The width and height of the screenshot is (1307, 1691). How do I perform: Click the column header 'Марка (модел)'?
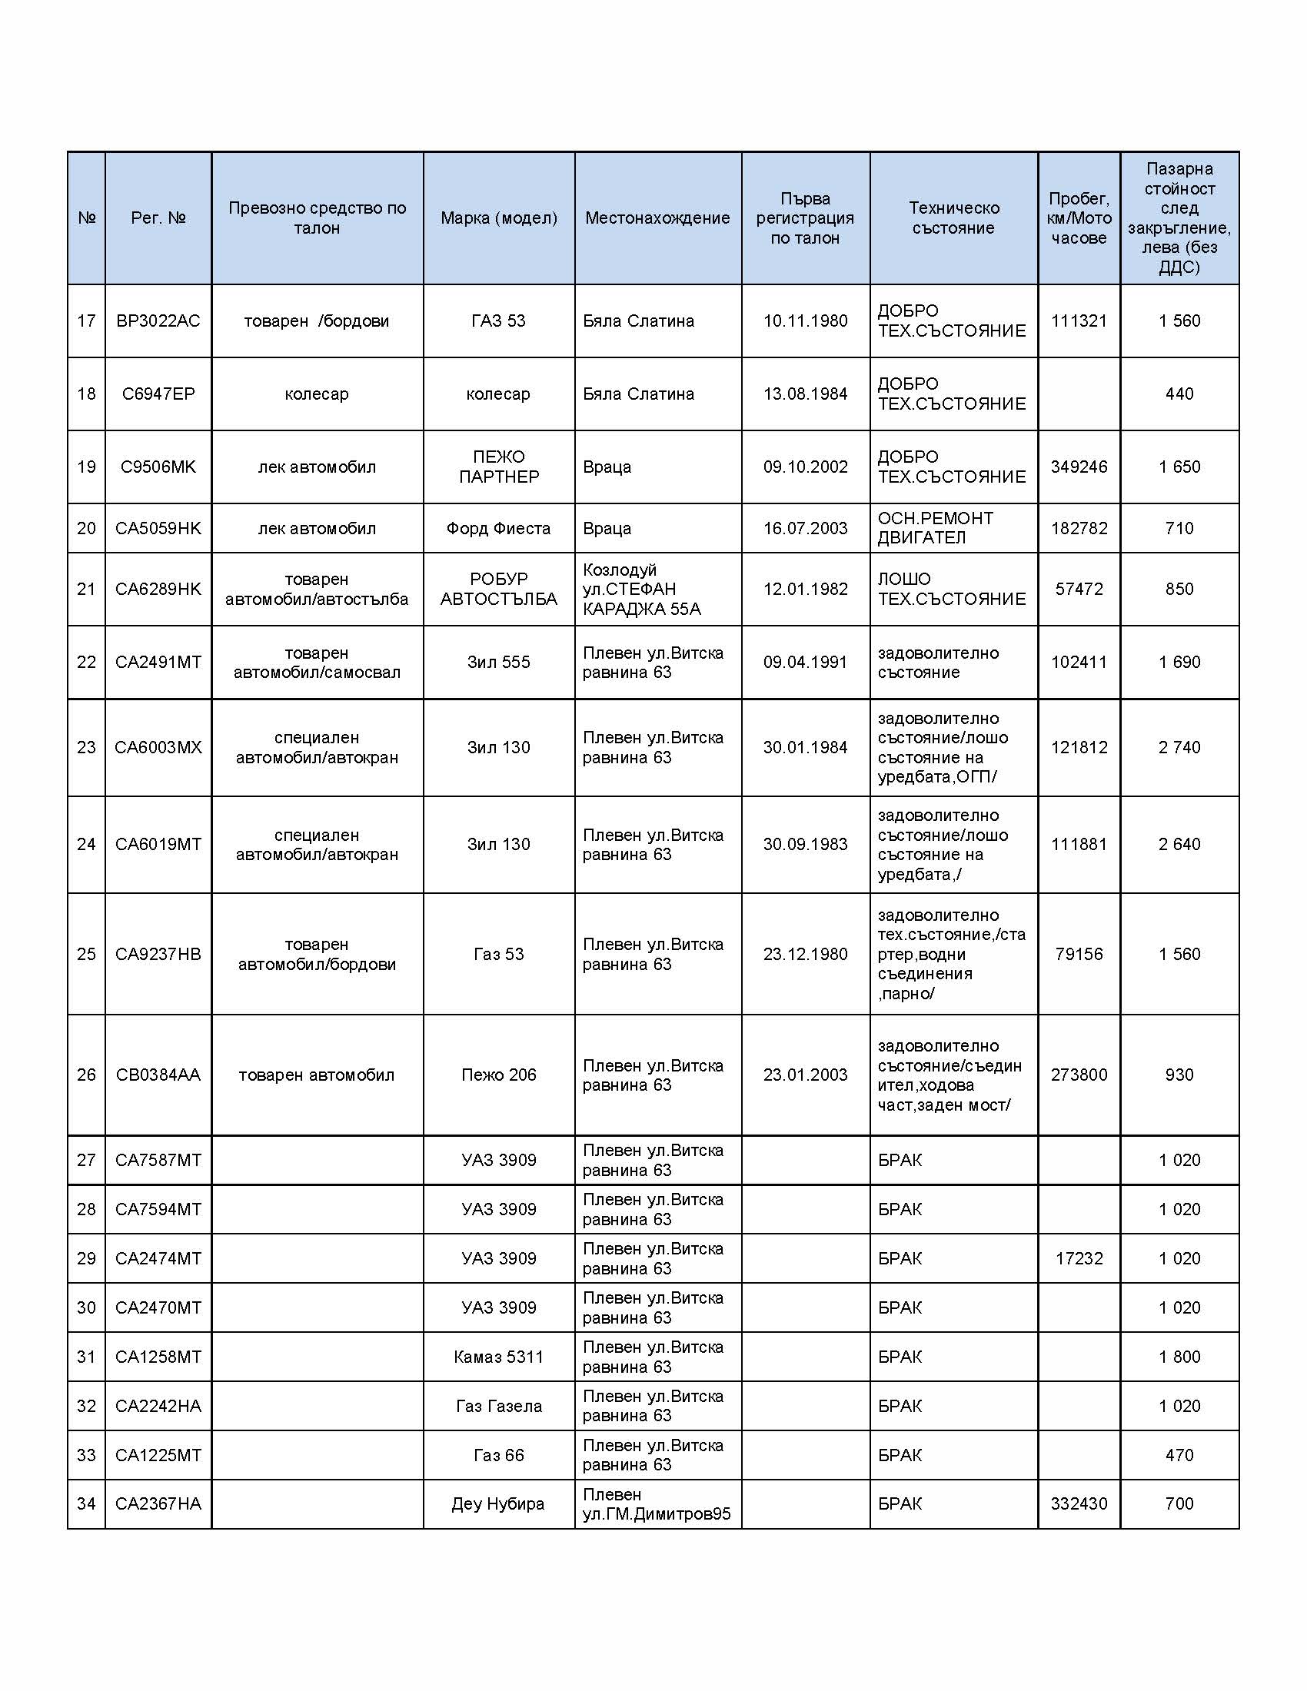point(499,218)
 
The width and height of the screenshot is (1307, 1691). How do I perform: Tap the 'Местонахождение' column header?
point(657,218)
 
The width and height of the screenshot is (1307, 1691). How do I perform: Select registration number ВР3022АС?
point(158,321)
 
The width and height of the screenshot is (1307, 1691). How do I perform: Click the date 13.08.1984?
point(805,394)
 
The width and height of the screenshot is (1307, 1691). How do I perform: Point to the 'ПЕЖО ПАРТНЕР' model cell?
point(499,467)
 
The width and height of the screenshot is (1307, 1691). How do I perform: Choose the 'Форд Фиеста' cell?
point(499,528)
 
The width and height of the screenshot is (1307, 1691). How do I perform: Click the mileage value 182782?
point(1079,528)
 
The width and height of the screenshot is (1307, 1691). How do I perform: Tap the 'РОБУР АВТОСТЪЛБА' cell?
point(499,589)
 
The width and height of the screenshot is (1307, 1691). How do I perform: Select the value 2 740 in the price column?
point(1179,747)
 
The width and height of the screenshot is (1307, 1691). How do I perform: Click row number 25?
point(86,954)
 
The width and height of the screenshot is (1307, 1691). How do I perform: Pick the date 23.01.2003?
point(805,1075)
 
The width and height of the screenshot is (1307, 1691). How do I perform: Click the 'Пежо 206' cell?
point(499,1075)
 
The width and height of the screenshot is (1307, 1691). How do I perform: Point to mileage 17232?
point(1079,1258)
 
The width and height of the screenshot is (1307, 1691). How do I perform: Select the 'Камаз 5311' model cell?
point(499,1357)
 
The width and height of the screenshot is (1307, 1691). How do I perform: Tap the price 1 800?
point(1179,1357)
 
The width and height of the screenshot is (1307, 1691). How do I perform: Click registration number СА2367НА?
point(158,1503)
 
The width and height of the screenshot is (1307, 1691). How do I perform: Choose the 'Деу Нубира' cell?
point(499,1503)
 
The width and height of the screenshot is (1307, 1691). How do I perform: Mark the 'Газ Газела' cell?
point(499,1406)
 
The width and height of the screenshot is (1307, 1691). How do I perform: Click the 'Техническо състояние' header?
point(953,218)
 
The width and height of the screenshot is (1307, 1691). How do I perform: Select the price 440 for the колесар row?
point(1179,394)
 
